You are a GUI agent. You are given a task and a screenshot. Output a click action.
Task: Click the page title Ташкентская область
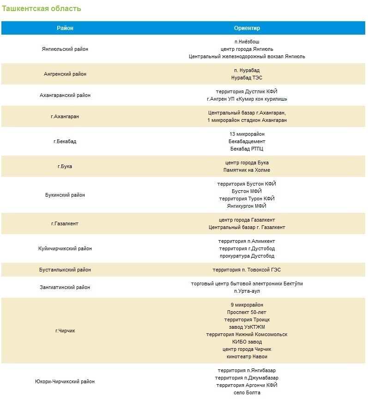pos(42,9)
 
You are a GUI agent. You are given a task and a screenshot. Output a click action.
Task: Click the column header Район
pos(65,28)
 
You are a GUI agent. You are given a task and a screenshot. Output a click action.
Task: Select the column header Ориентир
pos(247,28)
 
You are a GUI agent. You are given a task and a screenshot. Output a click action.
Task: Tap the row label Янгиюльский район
pos(65,49)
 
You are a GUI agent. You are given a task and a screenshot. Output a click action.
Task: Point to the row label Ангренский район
pos(65,74)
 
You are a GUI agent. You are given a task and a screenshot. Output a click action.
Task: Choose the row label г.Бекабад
pos(65,141)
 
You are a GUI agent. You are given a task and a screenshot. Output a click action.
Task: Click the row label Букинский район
pos(65,195)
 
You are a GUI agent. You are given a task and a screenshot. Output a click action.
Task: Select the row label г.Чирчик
pos(65,331)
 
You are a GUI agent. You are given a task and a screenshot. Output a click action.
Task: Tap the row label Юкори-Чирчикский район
pos(65,381)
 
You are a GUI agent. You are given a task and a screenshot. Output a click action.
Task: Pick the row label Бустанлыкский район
pos(65,270)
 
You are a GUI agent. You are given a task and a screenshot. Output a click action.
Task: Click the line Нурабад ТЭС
pos(247,78)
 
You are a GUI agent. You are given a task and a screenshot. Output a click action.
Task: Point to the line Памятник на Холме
pos(247,170)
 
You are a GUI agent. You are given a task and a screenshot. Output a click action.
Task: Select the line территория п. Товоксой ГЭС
pos(247,270)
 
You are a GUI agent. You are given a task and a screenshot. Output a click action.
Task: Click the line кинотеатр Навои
pos(247,356)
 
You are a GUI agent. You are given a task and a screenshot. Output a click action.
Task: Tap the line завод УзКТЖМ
pos(247,327)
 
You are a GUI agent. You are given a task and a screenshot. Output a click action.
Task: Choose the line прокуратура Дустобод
pos(247,256)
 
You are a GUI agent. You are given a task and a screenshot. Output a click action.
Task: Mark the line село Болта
pos(247,392)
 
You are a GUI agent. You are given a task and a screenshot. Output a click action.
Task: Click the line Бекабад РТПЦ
pos(247,149)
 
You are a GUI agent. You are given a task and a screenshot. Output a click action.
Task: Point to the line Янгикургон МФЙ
pos(247,206)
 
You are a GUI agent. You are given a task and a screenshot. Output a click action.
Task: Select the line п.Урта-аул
pos(247,291)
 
